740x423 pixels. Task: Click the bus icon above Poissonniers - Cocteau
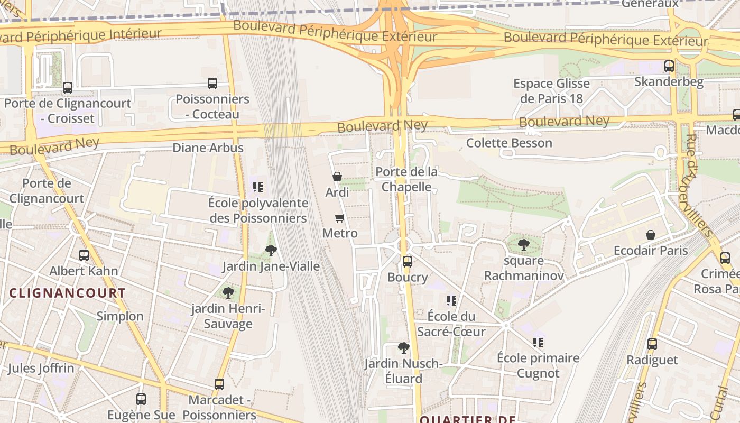click(212, 83)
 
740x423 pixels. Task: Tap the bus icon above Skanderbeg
click(669, 66)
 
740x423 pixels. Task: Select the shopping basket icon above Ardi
click(337, 177)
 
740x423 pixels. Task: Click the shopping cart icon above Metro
click(340, 218)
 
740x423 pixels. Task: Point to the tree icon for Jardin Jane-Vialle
click(271, 250)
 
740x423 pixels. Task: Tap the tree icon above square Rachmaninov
click(523, 245)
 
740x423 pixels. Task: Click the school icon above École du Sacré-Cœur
click(451, 300)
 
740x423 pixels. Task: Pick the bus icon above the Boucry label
click(407, 261)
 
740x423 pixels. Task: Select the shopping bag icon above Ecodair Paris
click(651, 234)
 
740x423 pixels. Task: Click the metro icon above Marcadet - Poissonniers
click(219, 384)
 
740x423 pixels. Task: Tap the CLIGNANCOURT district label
click(68, 293)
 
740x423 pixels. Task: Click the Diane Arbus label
click(208, 148)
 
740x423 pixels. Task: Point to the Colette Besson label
click(509, 143)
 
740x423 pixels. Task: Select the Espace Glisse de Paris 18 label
click(551, 91)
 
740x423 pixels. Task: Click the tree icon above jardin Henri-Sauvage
click(228, 292)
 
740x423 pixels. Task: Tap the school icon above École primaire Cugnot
click(538, 342)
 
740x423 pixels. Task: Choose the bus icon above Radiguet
click(652, 344)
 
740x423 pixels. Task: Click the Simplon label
click(120, 316)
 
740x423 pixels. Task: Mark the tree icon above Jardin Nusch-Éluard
click(403, 347)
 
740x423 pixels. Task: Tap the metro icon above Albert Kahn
click(84, 255)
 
